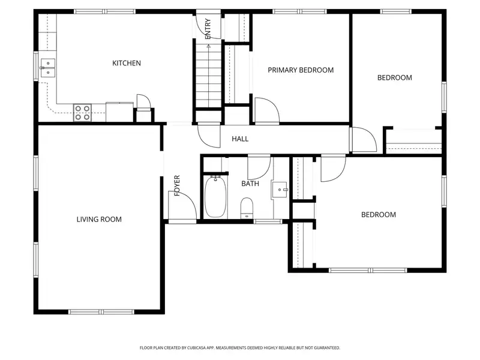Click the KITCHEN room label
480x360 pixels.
pos(127,63)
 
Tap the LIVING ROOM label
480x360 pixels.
pos(99,219)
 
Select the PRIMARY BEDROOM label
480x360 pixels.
pos(301,70)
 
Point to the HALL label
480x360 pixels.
pos(240,139)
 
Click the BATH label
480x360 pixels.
pos(250,184)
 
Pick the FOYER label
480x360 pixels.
pos(177,185)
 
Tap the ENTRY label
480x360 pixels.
pos(208,29)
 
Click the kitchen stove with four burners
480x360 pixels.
pos(82,113)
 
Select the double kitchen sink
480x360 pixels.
pos(48,68)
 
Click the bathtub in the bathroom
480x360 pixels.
pos(215,197)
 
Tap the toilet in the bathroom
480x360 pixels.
pos(247,208)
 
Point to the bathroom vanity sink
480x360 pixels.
pos(279,190)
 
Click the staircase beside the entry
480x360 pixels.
pos(208,76)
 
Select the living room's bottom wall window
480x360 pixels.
pos(101,312)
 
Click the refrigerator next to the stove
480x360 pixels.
pos(119,112)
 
